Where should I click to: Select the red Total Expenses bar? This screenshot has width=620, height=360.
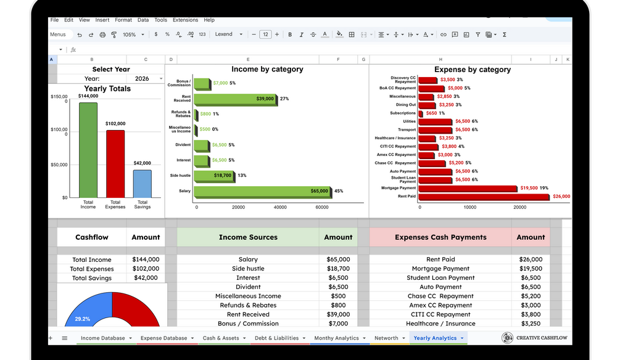115,163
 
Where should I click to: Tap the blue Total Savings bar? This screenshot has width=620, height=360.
143,184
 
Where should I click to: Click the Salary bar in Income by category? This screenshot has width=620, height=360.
262,191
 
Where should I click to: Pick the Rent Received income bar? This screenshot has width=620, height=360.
235,99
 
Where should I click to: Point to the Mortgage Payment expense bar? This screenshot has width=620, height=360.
468,188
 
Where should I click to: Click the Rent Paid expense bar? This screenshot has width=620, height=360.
484,197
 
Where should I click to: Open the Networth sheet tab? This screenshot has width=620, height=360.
386,338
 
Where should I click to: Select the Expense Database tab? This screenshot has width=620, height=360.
163,338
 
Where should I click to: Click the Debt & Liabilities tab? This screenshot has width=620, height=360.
276,338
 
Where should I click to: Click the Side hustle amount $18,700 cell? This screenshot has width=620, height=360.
338,269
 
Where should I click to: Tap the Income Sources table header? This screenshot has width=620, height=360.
248,237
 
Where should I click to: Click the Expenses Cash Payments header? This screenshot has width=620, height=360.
440,237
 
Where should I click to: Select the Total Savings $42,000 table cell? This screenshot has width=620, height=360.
146,278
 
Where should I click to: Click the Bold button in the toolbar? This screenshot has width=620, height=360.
290,35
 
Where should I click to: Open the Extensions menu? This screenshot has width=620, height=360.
185,20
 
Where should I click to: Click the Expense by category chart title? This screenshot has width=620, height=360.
472,70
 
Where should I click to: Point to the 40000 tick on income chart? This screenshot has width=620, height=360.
280,207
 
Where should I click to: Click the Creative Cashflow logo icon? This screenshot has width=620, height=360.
507,338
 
